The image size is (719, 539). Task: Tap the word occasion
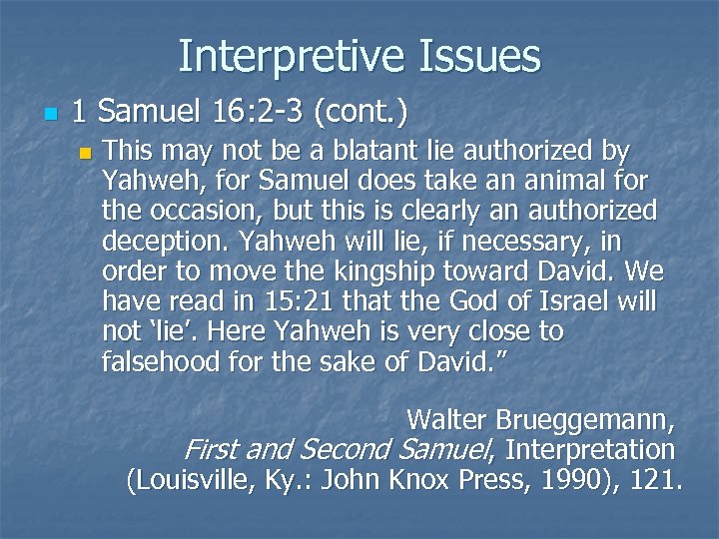pos(206,212)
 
